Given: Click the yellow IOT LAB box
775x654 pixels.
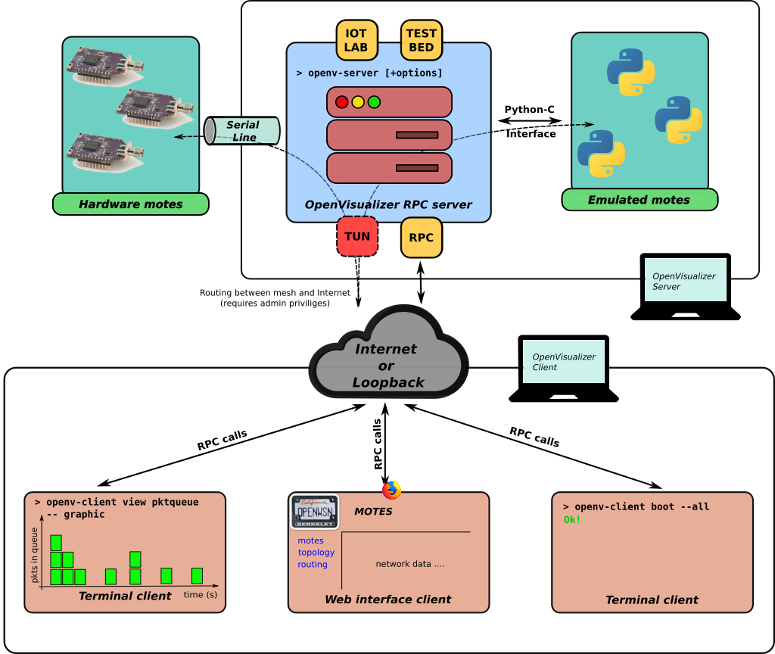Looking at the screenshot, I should tap(356, 40).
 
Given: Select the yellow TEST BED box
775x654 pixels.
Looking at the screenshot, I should tap(421, 40).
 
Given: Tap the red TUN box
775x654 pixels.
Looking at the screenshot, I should tap(357, 236).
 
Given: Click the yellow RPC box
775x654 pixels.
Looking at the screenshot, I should tap(421, 238).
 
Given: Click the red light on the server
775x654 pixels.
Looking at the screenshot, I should tap(342, 102).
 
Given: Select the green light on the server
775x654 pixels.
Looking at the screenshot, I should tap(374, 102).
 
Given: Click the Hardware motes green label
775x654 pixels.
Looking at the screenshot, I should tap(130, 204).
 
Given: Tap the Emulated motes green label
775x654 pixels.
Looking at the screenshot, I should tap(639, 200).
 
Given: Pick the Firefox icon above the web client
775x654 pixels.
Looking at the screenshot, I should tap(391, 490).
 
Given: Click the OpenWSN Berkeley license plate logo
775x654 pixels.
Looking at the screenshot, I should tap(315, 512).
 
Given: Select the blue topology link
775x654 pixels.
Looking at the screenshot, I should tap(316, 553).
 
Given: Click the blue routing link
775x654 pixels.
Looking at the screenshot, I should tap(313, 565).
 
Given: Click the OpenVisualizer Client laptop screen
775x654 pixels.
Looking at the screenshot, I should tap(564, 362).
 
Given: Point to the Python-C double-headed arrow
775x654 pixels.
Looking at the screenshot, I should tap(530, 121).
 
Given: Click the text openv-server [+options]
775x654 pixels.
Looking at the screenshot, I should tap(369, 73).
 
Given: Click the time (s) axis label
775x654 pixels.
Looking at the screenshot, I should tap(201, 595).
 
